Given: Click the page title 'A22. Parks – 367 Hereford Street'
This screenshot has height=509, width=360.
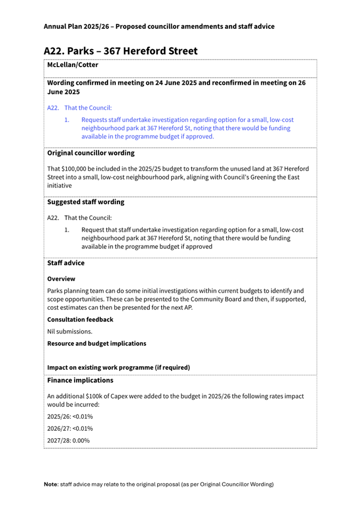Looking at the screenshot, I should tap(121, 51).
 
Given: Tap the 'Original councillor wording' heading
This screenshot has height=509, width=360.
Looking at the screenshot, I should tap(91, 153).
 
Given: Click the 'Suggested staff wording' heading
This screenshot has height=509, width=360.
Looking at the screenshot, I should tap(86, 202).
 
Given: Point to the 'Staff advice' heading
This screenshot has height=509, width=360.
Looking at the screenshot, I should tap(66, 263).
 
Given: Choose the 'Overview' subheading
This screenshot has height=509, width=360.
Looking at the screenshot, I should tap(61, 279).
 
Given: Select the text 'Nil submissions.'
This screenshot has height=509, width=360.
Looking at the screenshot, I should tap(70, 332).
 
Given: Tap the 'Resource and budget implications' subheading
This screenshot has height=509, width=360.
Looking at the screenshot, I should tap(97, 343).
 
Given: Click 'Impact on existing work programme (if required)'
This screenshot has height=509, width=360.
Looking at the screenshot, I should tap(118, 367).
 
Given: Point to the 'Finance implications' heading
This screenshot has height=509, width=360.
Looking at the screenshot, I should tap(80, 381).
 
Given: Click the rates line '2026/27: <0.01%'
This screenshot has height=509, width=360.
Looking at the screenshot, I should tap(70, 429).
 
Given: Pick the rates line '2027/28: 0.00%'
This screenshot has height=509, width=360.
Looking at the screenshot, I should tap(68, 441).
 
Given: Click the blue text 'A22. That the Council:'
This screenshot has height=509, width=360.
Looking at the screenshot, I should tap(79, 108).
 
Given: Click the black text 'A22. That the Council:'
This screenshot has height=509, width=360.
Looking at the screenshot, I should tap(79, 218).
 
